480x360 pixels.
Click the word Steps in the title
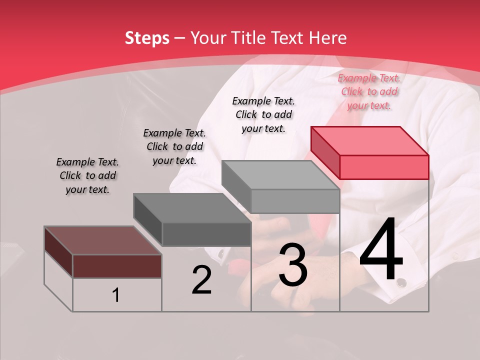pos(147,38)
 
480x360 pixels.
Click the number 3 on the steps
pos(293,265)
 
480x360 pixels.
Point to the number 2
pos(202,280)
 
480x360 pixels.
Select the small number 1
pos(116,295)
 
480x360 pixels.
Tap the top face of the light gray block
pos(280,175)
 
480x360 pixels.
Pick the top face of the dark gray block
pos(192,208)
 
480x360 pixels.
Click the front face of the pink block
pos(384,167)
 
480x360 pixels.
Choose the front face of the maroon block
pos(117,266)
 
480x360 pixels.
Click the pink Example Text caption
pos(369,91)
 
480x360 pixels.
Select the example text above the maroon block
pos(87,175)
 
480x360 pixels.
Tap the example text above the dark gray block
pos(174,146)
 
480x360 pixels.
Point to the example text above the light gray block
pos(263,114)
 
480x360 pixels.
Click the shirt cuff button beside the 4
pos(401,283)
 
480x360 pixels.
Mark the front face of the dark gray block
pos(206,234)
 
